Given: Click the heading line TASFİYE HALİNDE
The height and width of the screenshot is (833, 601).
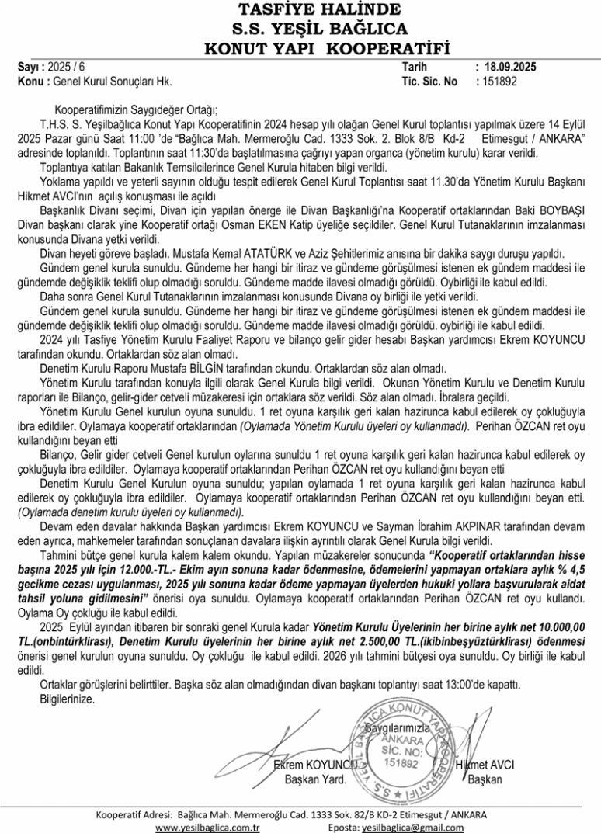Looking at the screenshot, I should [300, 10].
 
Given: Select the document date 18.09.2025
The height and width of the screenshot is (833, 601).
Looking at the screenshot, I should [510, 67].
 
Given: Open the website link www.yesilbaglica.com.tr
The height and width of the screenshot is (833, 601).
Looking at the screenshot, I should [207, 827].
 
